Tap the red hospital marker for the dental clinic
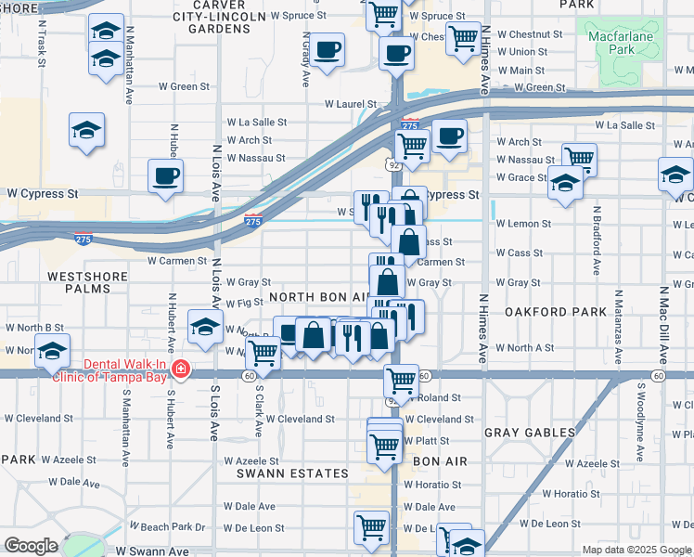click(x=180, y=370)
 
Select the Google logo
click(x=31, y=546)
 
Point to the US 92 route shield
click(x=394, y=164)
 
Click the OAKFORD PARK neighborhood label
click(x=546, y=314)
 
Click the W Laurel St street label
click(x=350, y=105)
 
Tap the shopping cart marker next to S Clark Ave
click(x=263, y=353)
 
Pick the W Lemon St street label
click(x=523, y=224)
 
